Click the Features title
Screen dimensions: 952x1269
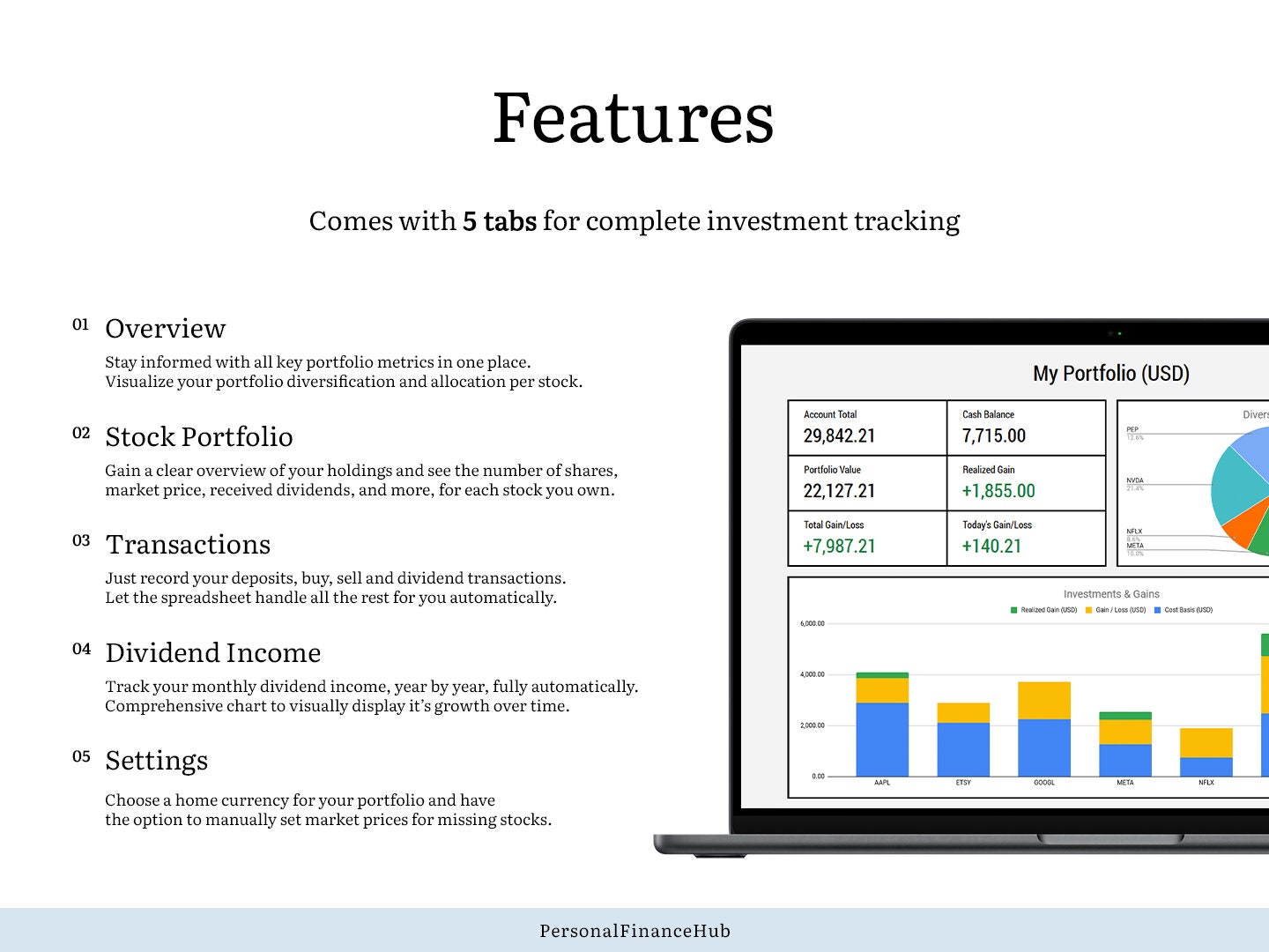[x=633, y=118]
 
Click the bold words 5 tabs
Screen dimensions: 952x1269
[x=499, y=220]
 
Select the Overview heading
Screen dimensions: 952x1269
[x=165, y=329]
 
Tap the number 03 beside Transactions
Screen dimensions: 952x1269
[x=81, y=540]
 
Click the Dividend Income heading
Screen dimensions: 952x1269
[x=212, y=653]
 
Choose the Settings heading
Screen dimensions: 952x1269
[x=156, y=761]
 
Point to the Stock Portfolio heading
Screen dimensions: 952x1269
[x=198, y=437]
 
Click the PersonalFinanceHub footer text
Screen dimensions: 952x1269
[x=634, y=931]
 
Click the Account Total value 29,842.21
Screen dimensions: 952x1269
[x=839, y=435]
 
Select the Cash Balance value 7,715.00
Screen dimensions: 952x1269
[x=993, y=435]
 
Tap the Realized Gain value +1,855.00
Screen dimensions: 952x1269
[x=998, y=491]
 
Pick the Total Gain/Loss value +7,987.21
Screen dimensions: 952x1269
[x=839, y=547]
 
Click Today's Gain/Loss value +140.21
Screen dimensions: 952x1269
[x=991, y=547]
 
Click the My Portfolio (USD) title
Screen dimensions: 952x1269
[x=1110, y=374]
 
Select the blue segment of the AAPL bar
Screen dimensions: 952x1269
[x=882, y=740]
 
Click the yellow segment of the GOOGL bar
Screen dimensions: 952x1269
[x=1043, y=701]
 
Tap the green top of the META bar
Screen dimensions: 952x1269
[x=1124, y=716]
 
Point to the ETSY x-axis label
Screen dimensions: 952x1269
[x=963, y=783]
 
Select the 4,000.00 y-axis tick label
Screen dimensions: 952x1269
[x=812, y=674]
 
